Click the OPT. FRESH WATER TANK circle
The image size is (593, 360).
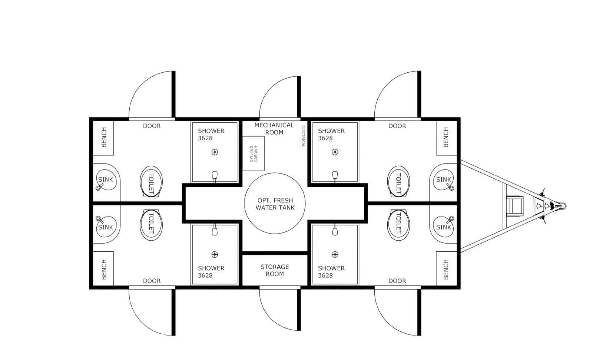(275, 204)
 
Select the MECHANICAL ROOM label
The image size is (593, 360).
(274, 128)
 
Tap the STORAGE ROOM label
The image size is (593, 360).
(275, 270)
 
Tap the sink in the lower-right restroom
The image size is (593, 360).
(443, 226)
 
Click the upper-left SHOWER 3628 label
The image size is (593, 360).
(211, 134)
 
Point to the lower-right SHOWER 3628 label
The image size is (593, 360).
(331, 271)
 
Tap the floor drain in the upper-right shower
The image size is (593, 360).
(335, 152)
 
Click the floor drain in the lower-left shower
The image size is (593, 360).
(214, 254)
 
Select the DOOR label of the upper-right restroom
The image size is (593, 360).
(397, 126)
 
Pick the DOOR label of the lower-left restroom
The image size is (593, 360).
(152, 281)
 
